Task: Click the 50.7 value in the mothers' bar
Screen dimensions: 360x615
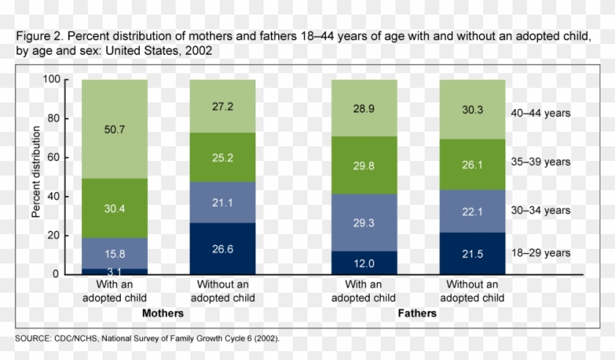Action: click(x=115, y=129)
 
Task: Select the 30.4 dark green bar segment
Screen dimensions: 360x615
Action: click(x=115, y=209)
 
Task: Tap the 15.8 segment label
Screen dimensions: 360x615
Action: click(x=115, y=255)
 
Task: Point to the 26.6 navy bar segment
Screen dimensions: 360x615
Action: click(x=223, y=249)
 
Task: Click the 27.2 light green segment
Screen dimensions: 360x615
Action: click(x=223, y=106)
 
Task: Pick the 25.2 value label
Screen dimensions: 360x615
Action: click(x=223, y=157)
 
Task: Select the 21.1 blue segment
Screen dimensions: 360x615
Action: click(x=223, y=202)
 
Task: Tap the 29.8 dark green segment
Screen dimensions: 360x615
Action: click(x=365, y=165)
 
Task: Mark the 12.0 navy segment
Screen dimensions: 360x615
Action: click(x=365, y=263)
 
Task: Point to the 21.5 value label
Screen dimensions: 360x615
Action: click(x=472, y=253)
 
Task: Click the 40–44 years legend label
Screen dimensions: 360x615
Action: click(x=540, y=113)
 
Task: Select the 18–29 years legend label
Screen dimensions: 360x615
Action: click(x=540, y=253)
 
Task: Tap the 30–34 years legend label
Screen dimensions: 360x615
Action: click(x=540, y=211)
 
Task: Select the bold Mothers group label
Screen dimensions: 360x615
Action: click(x=163, y=313)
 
